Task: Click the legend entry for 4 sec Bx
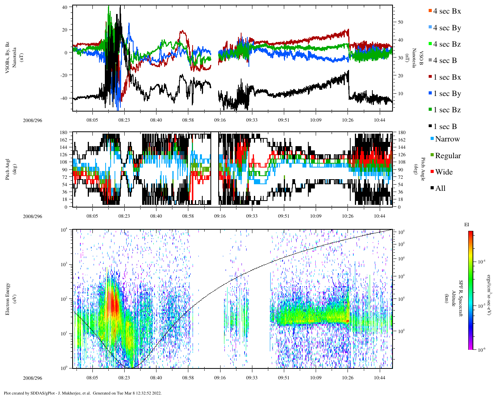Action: coord(447,11)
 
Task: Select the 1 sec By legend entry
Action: coord(447,94)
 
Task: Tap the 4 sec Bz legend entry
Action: coord(447,44)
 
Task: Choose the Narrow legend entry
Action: coord(447,139)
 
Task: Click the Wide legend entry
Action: coord(443,172)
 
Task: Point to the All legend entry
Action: coord(440,189)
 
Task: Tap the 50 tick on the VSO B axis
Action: coord(400,22)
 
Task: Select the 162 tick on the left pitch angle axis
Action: coord(64,140)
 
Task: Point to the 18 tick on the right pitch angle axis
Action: coord(401,199)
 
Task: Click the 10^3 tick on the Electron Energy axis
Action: coord(64,264)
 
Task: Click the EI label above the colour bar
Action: coord(467,225)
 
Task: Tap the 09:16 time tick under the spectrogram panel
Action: coord(220,378)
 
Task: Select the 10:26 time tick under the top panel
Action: coord(348,120)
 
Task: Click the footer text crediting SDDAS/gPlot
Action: coord(83,393)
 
